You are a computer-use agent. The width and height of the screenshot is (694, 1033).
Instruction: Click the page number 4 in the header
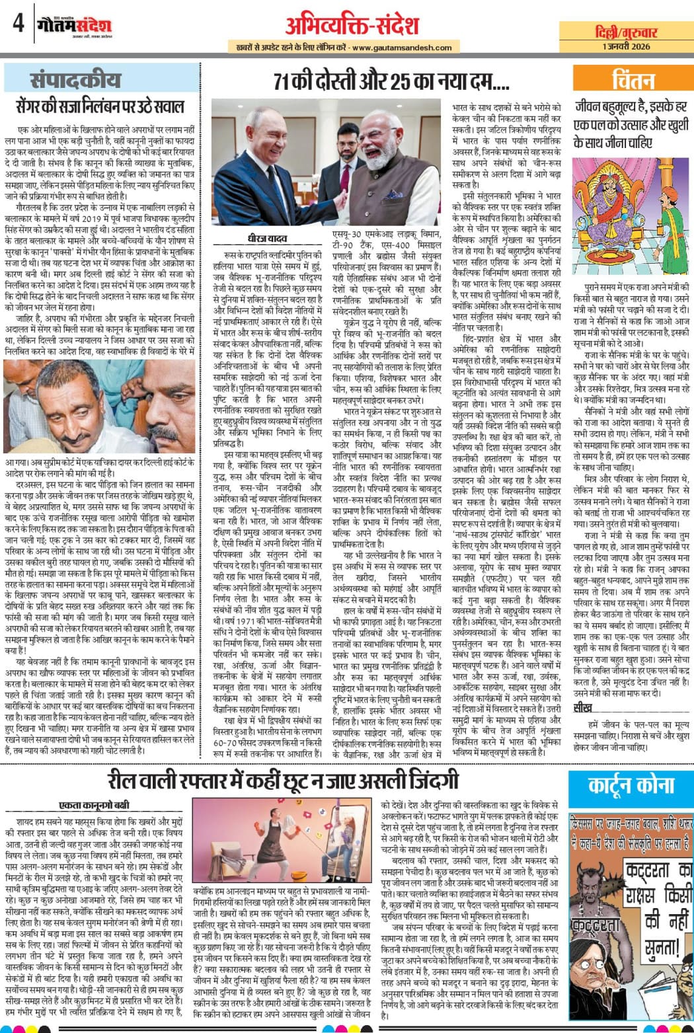click(x=18, y=25)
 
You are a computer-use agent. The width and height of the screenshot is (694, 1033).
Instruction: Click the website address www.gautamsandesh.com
click(x=402, y=48)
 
